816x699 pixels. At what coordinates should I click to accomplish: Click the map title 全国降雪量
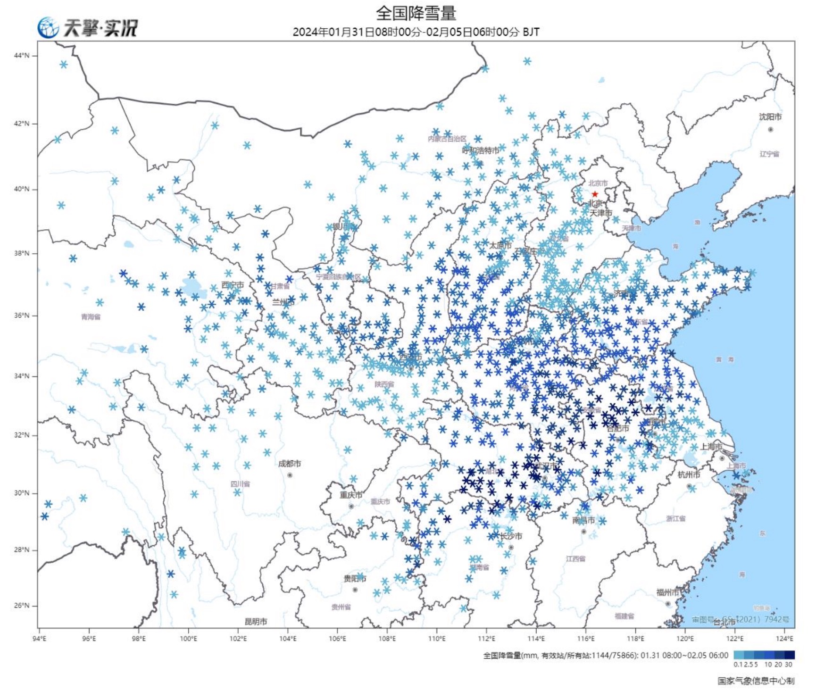point(416,13)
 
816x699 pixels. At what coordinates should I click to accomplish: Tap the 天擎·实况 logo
point(88,28)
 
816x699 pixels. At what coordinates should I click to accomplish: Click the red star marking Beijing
point(595,194)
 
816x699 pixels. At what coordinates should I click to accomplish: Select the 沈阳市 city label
point(770,116)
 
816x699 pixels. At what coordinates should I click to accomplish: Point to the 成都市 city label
point(290,464)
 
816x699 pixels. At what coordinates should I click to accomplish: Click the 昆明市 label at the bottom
point(256,621)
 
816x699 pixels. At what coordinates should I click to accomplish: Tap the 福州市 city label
point(667,592)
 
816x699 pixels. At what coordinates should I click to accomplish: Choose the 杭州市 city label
point(689,474)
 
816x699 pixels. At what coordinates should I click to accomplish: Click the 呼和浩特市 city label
point(480,150)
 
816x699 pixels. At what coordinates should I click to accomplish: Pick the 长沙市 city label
point(511,536)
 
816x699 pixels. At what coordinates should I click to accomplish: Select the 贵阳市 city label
point(355,578)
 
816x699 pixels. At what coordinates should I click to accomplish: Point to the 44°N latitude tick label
point(21,56)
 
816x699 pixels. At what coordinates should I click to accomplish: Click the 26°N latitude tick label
point(21,605)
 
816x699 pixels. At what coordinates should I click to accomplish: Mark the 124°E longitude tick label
point(785,639)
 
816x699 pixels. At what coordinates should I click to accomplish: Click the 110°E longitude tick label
point(437,639)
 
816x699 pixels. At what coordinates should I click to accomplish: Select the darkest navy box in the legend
point(790,655)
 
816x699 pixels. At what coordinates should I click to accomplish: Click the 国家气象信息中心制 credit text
point(756,681)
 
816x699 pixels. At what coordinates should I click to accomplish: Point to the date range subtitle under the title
point(416,32)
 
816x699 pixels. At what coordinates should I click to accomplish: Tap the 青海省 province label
point(91,316)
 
